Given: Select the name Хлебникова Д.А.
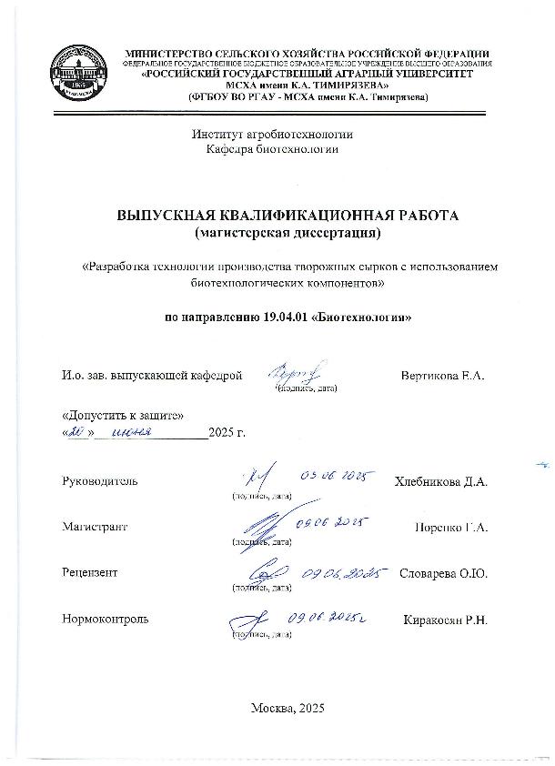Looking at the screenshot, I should (x=441, y=481).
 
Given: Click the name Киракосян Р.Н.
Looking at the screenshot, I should (x=446, y=620).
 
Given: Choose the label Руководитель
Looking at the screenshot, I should (x=100, y=481).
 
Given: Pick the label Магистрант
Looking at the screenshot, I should (x=95, y=527).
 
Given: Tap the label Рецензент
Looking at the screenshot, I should (x=90, y=573).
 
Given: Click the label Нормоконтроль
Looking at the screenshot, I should (x=106, y=620).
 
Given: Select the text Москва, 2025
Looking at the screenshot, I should (x=286, y=709).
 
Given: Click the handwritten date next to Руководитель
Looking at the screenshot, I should (x=338, y=475).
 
